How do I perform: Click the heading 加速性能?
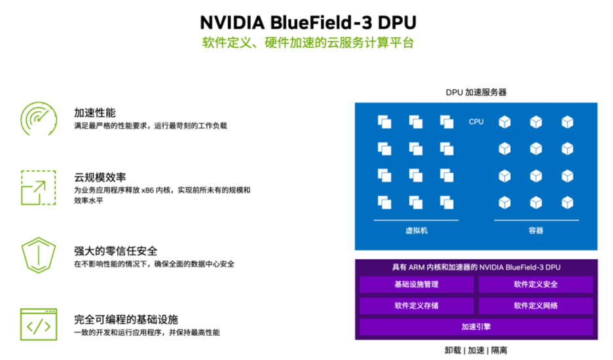95,112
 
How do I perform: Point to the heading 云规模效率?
100,177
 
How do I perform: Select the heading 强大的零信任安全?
115,251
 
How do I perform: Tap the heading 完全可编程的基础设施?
126,319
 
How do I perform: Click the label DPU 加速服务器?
476,92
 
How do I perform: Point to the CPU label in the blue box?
476,122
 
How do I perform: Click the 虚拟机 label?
417,230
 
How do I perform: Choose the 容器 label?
536,230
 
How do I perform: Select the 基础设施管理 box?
417,285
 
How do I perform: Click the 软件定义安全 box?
536,285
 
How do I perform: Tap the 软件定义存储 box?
417,306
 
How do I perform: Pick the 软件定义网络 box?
536,306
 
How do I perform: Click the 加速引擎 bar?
476,327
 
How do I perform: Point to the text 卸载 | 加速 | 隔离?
476,350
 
